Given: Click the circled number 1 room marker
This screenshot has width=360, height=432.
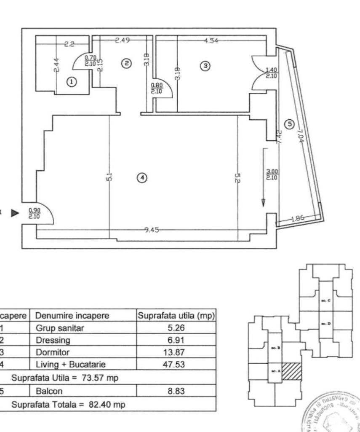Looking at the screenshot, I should (72, 82).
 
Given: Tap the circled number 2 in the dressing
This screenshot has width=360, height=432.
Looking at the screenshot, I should (125, 63).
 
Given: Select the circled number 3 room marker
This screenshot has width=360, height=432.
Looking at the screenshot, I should (205, 66).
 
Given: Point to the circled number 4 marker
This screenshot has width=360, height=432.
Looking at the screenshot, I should (142, 178).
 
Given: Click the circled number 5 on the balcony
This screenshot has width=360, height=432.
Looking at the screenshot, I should (288, 124).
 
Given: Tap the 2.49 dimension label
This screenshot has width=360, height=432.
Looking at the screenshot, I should (123, 40).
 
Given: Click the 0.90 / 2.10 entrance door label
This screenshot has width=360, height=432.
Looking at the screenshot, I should (35, 213).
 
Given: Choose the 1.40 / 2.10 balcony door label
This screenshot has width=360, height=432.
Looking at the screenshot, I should (272, 73).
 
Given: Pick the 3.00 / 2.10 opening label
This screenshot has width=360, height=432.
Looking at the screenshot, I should (272, 174).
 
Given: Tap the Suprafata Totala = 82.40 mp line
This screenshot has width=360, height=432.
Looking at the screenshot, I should (68, 404).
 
